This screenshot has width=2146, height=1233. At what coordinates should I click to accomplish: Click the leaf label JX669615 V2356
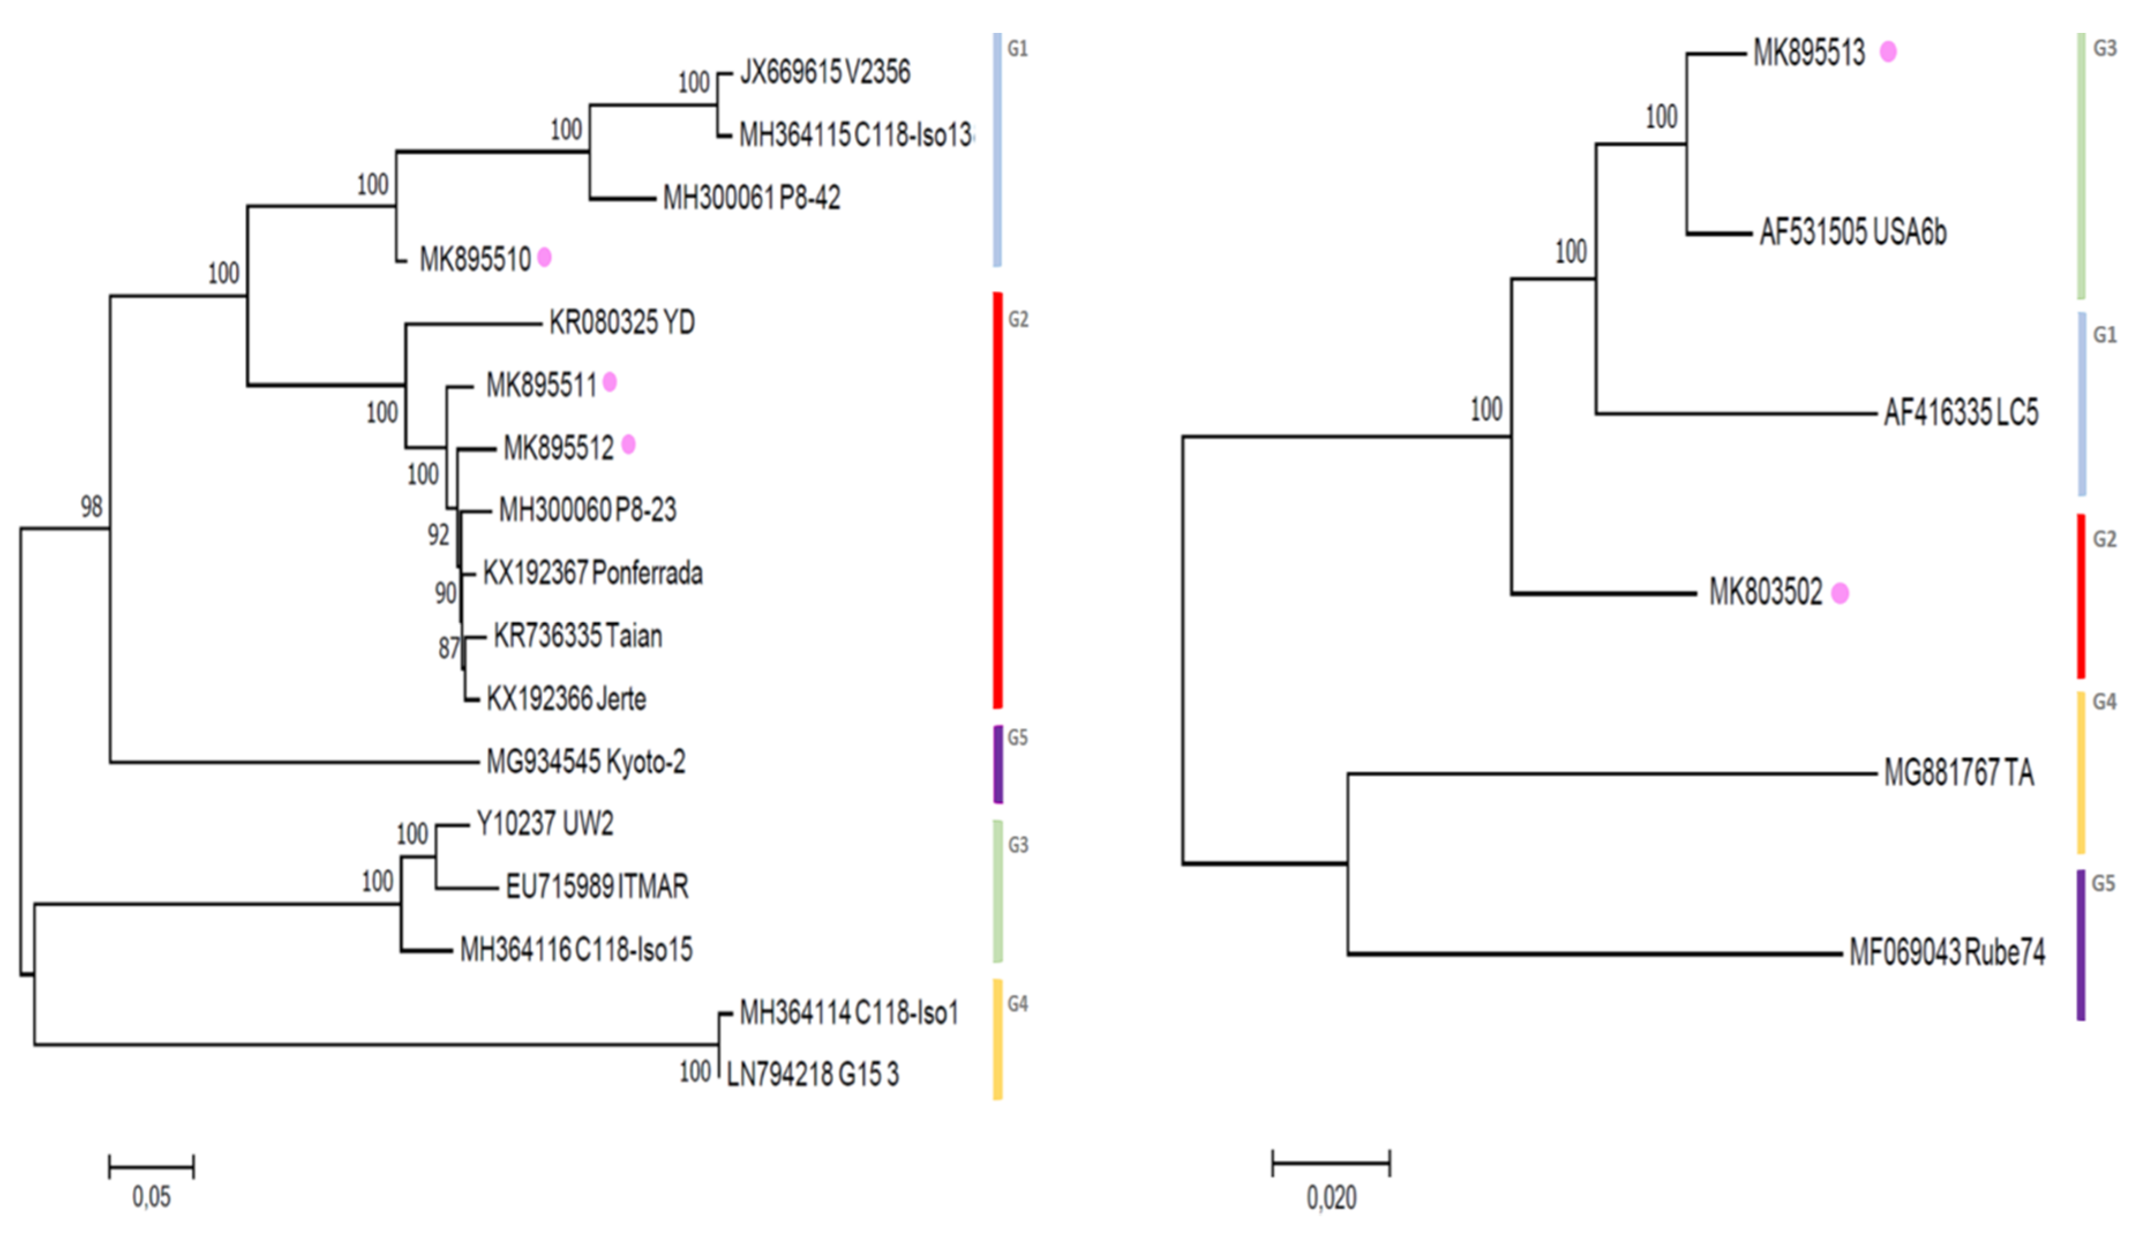[x=825, y=72]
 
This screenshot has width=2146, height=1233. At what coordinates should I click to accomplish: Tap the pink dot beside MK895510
[x=544, y=257]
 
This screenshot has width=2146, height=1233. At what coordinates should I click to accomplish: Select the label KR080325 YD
[x=622, y=322]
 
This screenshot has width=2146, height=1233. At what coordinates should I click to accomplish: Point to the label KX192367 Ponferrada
[x=592, y=573]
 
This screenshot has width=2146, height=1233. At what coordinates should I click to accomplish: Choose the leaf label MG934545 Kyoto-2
[x=585, y=762]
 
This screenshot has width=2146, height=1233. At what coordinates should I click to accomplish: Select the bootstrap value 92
[x=438, y=535]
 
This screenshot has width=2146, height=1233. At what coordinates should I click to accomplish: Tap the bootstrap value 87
[x=448, y=648]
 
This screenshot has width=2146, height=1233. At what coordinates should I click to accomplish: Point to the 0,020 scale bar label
[x=1331, y=1197]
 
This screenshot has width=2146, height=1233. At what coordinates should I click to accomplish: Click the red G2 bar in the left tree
[x=998, y=499]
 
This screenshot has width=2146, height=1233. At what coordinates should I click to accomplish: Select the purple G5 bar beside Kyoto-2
[x=998, y=764]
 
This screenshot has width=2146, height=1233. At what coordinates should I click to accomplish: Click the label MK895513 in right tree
[x=1808, y=52]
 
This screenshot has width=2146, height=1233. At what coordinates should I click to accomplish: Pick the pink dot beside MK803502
[x=1839, y=593]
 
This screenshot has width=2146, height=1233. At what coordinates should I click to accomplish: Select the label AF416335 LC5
[x=1960, y=412]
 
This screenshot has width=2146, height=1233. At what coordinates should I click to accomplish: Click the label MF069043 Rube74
[x=1946, y=953]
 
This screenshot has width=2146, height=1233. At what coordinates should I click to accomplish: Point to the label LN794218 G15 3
[x=812, y=1074]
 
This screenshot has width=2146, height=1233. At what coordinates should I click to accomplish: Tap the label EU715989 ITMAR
[x=596, y=886]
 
